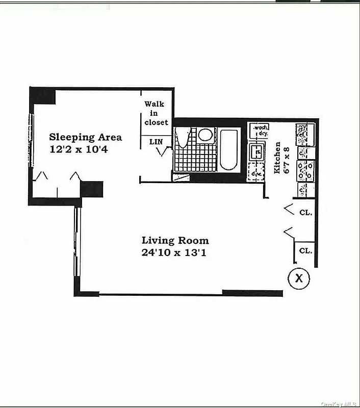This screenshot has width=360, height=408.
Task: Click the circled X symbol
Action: pos(299,278)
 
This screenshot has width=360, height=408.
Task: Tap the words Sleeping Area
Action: pos(86,137)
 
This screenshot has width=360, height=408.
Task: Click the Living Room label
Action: pos(175,240)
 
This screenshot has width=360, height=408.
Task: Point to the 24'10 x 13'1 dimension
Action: pos(175,252)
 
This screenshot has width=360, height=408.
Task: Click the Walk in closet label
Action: pos(155,113)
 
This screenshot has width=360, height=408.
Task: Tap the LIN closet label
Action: pos(156,141)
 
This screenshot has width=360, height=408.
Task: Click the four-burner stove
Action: pos(306,171)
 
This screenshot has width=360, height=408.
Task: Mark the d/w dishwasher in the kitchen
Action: pos(255,174)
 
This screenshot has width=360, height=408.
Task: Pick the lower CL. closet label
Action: pos(305,250)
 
